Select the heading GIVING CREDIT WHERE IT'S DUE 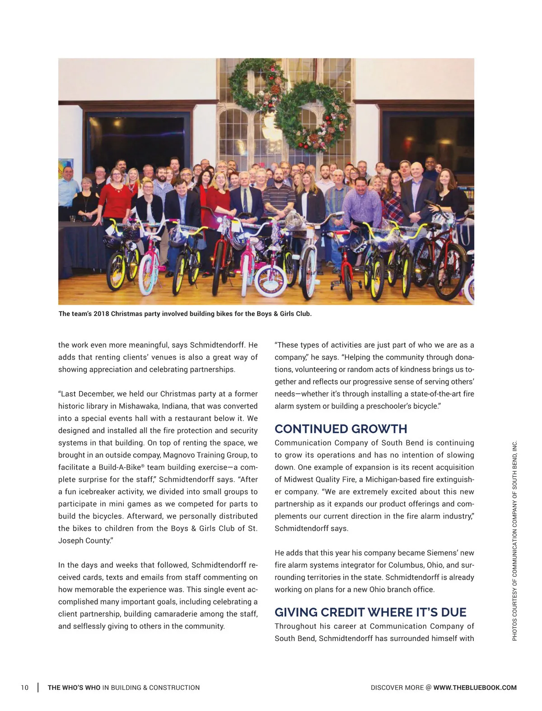[x=370, y=612]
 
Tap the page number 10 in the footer [x=24, y=688]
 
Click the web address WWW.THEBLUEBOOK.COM [x=475, y=688]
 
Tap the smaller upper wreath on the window [x=256, y=81]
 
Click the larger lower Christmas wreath [x=313, y=117]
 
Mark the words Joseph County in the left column [x=84, y=540]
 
